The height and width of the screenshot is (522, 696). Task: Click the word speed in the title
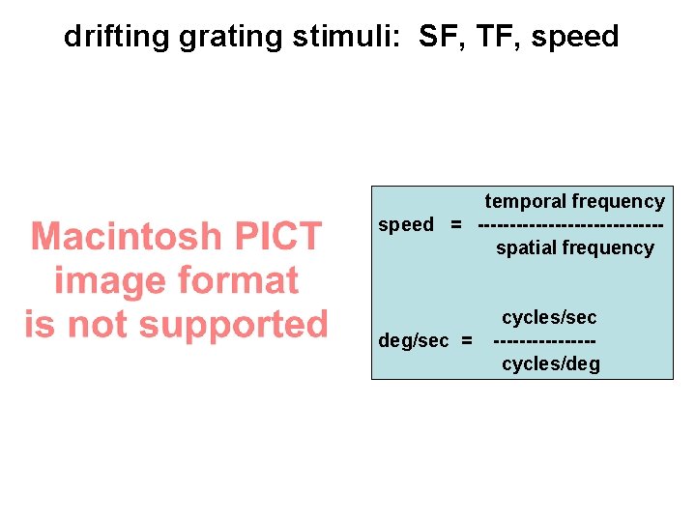click(x=575, y=38)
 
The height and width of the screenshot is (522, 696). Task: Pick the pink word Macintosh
click(x=126, y=236)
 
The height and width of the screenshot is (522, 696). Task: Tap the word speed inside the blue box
click(x=406, y=225)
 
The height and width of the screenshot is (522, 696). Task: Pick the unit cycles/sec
click(x=549, y=317)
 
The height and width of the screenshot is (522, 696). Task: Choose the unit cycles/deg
click(x=550, y=364)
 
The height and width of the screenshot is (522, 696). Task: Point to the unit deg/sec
click(x=414, y=341)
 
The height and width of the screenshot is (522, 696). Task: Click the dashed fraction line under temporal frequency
click(x=570, y=225)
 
